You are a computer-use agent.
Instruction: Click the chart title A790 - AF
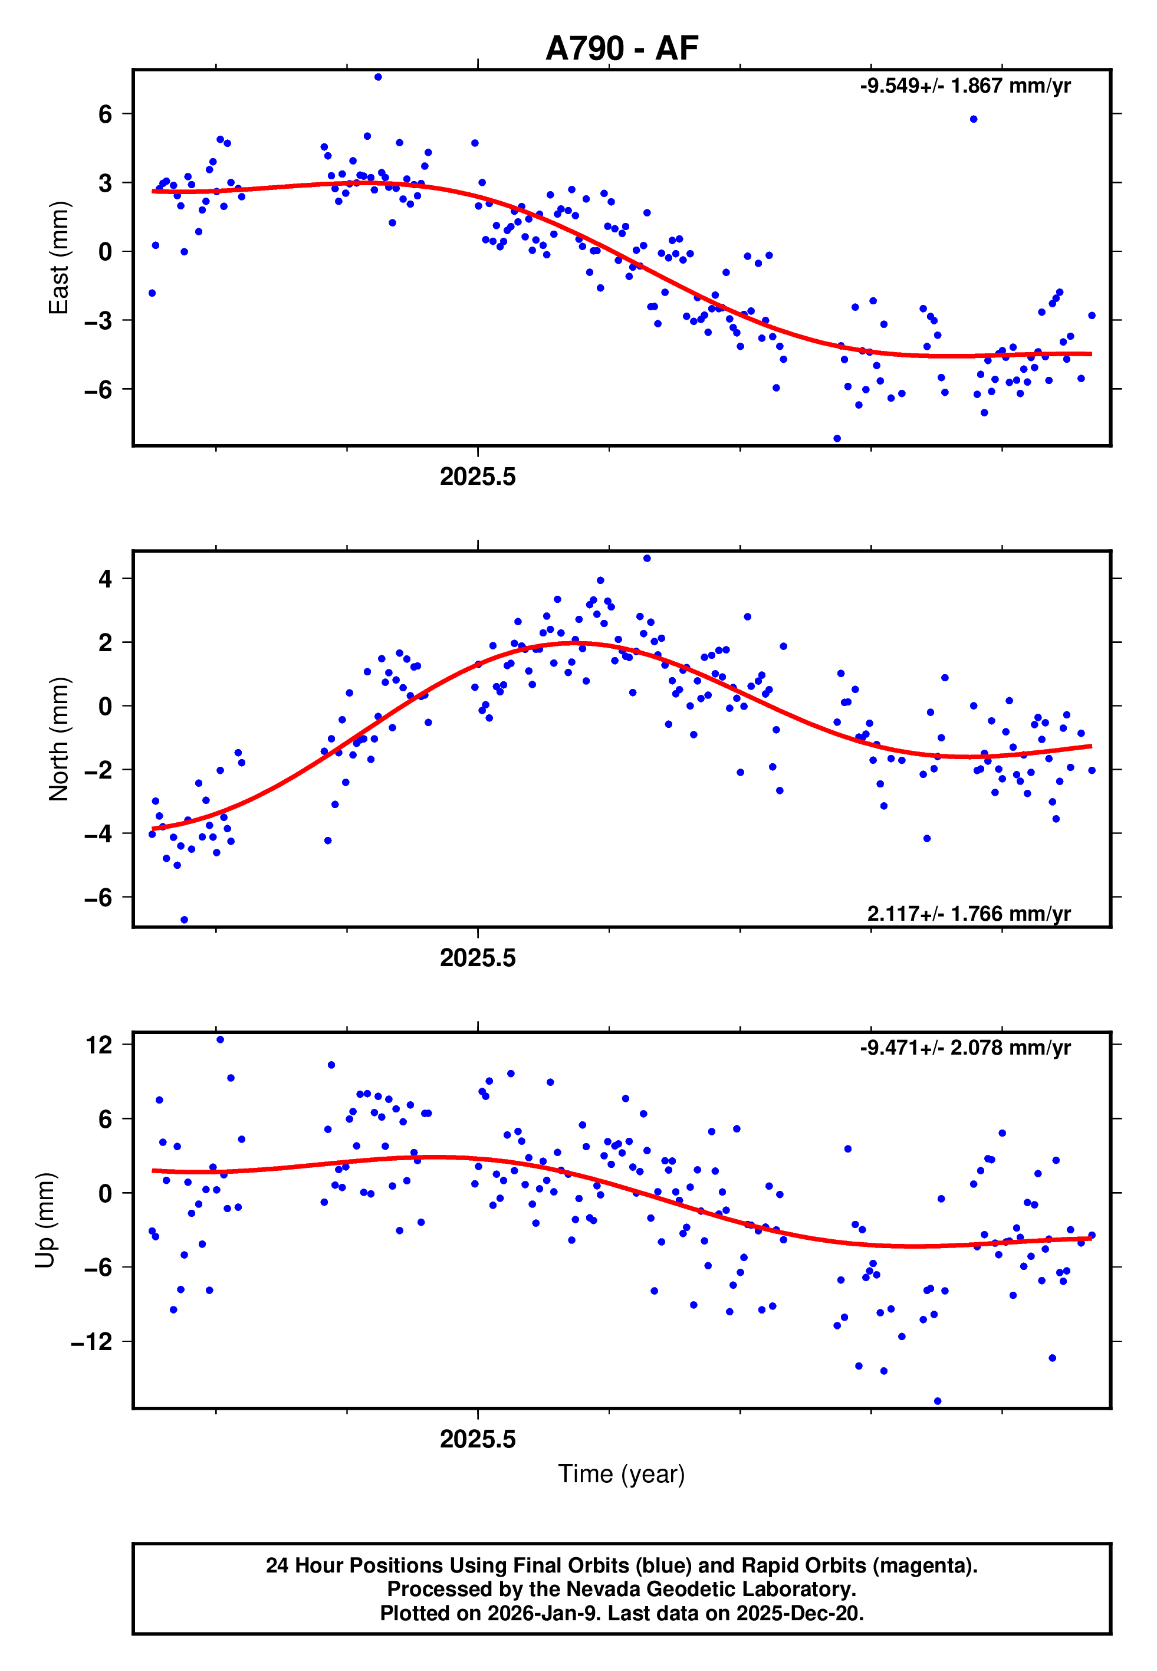[622, 48]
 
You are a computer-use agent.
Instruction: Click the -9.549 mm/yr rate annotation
[965, 86]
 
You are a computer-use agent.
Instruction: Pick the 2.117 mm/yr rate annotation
[968, 914]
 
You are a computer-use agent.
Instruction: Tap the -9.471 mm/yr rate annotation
[965, 1048]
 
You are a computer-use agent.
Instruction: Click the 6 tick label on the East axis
[106, 114]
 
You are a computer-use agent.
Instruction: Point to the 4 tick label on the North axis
[106, 579]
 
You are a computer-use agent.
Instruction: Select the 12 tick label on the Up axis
[98, 1045]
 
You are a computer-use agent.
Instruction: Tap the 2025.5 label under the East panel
[478, 477]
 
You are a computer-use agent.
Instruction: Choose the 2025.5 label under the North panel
[478, 958]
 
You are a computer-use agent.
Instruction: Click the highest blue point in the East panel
[377, 77]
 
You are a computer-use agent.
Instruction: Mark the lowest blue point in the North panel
[184, 920]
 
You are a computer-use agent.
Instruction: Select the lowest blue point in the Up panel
[938, 1401]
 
